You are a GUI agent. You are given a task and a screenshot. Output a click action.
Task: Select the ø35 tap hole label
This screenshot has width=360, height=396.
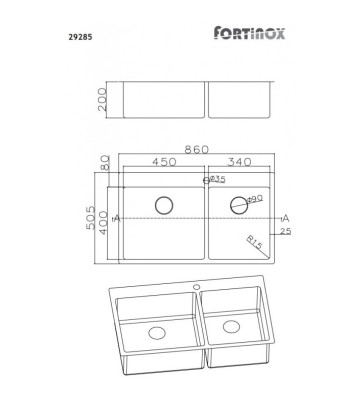pos(217,180)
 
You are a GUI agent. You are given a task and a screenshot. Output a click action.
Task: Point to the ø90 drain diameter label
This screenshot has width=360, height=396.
pos(253,199)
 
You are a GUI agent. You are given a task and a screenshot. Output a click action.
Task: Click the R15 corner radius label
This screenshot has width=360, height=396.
pos(255,242)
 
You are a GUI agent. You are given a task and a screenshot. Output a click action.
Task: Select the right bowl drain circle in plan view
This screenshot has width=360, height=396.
pos(237,206)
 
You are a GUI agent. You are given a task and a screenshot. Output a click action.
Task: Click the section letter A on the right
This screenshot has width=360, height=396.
pos(286,217)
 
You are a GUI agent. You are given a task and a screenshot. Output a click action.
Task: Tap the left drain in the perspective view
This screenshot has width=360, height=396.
pos(157,332)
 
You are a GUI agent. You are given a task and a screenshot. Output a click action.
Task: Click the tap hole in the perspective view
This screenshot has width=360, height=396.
pos(197,289)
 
